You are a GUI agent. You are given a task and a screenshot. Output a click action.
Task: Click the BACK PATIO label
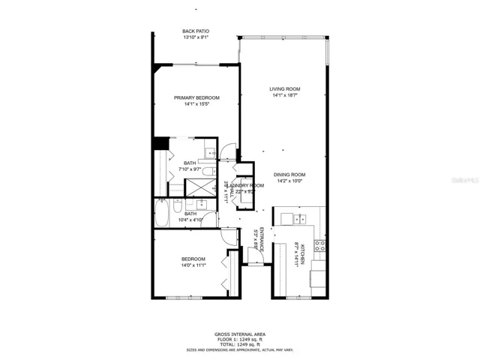pyautogui.click(x=195, y=31)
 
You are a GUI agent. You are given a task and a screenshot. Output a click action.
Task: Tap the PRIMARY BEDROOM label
pyautogui.click(x=196, y=97)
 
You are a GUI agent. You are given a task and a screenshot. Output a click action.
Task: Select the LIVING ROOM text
pyautogui.click(x=285, y=89)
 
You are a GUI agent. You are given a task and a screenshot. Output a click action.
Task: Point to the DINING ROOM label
pyautogui.click(x=289, y=174)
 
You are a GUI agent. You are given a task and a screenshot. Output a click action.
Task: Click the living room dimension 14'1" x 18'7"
pyautogui.click(x=285, y=95)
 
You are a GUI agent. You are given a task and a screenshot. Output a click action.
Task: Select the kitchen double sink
pyautogui.click(x=299, y=219)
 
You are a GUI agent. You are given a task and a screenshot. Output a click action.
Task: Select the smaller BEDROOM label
pyautogui.click(x=193, y=259)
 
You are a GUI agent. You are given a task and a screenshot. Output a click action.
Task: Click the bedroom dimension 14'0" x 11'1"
pyautogui.click(x=193, y=265)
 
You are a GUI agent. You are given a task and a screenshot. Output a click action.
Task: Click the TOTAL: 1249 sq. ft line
pyautogui.click(x=239, y=343)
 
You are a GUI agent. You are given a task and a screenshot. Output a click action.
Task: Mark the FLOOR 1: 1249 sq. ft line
pyautogui.click(x=239, y=339)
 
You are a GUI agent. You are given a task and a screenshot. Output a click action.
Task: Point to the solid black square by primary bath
pyautogui.click(x=159, y=144)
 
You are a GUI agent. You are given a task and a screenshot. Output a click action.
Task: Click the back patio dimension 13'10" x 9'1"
pyautogui.click(x=195, y=37)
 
